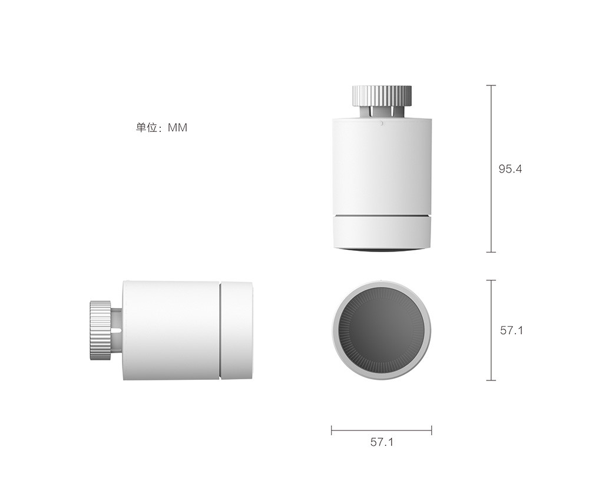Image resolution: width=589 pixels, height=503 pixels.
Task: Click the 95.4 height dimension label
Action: [x=510, y=169]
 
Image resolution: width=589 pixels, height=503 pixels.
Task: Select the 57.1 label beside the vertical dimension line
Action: [x=511, y=330]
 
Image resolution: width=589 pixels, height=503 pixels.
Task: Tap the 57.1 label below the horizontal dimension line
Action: [x=382, y=442]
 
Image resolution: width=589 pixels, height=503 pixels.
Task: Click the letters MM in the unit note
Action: [x=177, y=128]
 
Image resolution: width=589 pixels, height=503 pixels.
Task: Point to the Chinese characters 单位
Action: [x=146, y=128]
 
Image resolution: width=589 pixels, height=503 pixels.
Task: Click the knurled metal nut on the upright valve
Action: [x=382, y=96]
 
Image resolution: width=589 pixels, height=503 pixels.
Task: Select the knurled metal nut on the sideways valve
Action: [x=100, y=330]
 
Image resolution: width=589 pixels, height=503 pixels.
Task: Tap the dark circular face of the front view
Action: [x=382, y=330]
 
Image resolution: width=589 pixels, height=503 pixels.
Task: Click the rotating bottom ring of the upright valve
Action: [x=382, y=232]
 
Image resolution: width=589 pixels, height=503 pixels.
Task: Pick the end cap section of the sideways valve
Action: [x=236, y=330]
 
